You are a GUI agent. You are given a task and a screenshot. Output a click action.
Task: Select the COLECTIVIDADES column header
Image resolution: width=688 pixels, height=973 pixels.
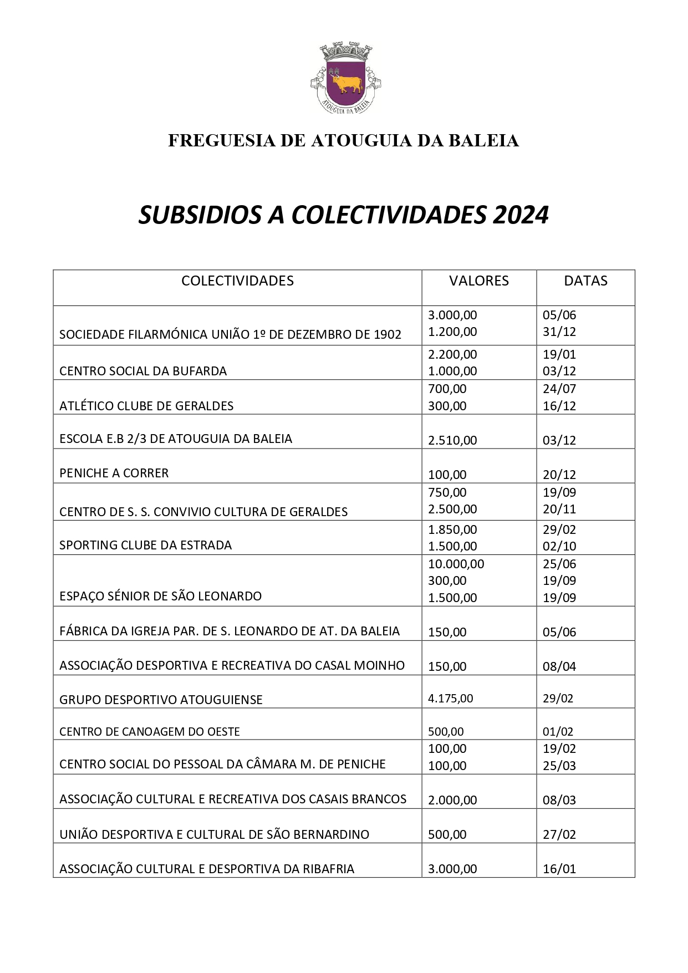(x=237, y=281)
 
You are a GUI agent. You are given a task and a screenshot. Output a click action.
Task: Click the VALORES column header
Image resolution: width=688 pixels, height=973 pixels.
(x=478, y=281)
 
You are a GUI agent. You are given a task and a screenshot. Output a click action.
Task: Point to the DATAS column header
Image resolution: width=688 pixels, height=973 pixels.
(x=585, y=281)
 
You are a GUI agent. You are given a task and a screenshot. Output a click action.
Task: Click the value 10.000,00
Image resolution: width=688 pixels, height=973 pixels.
(x=456, y=564)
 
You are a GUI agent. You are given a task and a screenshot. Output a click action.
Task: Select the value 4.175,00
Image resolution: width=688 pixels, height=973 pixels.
(x=450, y=699)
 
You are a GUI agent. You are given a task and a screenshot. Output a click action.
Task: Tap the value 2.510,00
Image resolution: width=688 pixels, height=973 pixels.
(x=452, y=441)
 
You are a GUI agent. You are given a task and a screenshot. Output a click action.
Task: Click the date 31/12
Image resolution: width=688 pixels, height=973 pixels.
(x=559, y=332)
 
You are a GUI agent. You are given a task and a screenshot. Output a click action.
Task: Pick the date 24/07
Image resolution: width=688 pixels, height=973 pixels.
(x=559, y=389)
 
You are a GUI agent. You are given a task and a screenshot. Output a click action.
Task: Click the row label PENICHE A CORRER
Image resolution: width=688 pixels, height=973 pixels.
(x=114, y=473)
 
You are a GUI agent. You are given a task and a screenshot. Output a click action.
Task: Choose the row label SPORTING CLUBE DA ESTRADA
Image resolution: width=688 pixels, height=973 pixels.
(x=145, y=546)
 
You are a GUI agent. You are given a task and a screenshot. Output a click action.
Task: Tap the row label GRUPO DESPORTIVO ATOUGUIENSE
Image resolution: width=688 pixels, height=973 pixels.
(x=161, y=700)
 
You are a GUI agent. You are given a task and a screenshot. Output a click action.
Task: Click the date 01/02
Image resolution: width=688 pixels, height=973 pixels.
(x=558, y=732)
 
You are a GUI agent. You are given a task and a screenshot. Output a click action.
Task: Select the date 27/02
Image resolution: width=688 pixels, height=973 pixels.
(x=559, y=835)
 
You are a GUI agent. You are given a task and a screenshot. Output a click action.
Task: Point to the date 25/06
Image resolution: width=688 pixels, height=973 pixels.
(x=559, y=564)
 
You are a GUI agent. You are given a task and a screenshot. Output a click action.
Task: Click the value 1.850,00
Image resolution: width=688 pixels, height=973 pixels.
(x=452, y=529)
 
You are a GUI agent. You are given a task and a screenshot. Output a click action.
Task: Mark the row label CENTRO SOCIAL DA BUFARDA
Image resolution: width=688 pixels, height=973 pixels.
(x=143, y=371)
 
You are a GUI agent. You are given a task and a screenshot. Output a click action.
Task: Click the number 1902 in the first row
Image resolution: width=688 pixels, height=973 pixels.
(x=387, y=335)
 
